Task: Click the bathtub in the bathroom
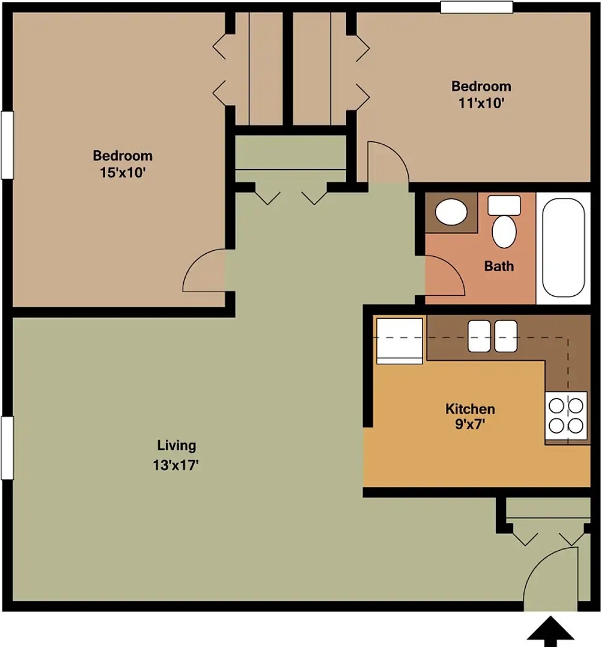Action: point(563,248)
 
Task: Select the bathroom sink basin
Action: point(451,212)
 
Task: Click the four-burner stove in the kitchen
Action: point(566,415)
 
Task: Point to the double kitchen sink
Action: point(492,336)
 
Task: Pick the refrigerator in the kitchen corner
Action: point(400,340)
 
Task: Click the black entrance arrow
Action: point(551,632)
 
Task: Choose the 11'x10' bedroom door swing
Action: point(388,162)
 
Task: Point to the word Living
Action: point(176,446)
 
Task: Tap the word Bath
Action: point(499,265)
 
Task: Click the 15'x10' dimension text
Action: point(122,173)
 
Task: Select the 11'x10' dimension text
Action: point(481,102)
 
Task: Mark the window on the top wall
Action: point(477,7)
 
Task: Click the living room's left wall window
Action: point(7,448)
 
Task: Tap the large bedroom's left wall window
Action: point(7,145)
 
